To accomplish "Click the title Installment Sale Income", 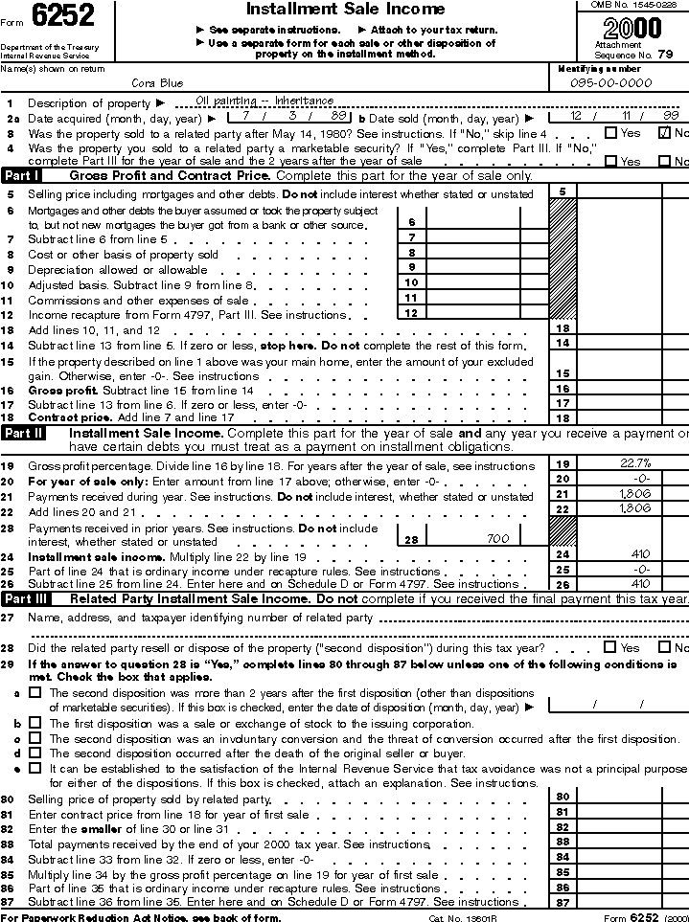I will (345, 10).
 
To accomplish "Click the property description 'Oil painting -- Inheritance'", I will (264, 101).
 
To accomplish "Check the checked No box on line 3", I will (663, 133).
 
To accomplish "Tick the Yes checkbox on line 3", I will (610, 133).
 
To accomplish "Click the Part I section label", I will (21, 176).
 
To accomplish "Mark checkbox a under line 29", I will (35, 691).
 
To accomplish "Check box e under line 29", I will (35, 768).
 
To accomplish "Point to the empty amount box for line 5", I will (619, 192).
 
